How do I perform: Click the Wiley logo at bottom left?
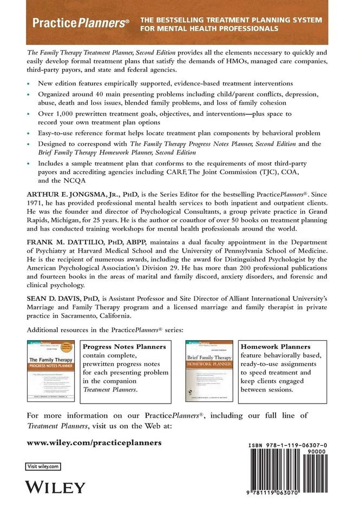(x=56, y=486)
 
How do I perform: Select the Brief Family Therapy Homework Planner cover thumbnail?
(x=209, y=371)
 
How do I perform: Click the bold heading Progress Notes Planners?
(x=124, y=346)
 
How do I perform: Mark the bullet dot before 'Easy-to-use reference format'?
(x=29, y=133)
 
